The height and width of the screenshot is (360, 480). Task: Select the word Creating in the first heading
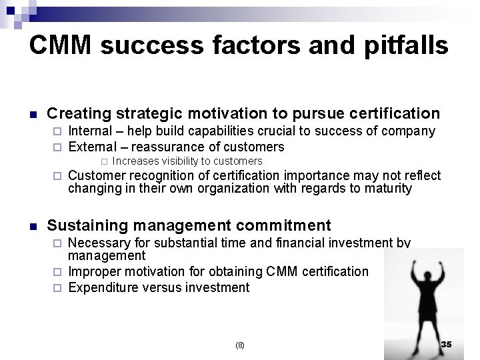(x=79, y=113)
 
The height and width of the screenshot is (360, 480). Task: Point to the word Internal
(x=90, y=131)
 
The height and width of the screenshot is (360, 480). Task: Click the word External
(x=91, y=147)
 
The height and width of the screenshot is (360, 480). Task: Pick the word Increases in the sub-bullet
(x=135, y=161)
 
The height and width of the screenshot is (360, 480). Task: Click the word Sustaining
(x=85, y=225)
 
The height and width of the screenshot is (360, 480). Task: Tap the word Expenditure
(x=103, y=287)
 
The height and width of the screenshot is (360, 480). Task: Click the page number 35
(x=446, y=344)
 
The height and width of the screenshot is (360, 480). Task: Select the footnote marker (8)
(x=240, y=345)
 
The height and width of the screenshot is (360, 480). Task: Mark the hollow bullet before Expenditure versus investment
(x=57, y=288)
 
